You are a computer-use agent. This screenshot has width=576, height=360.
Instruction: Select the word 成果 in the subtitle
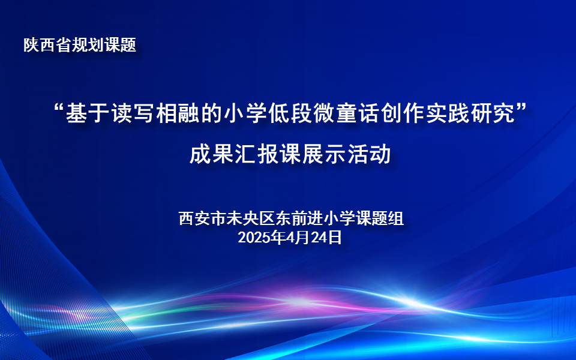point(212,154)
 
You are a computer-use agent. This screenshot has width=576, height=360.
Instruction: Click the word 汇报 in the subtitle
point(257,154)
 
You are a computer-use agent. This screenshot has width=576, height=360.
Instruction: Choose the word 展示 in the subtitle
point(325,154)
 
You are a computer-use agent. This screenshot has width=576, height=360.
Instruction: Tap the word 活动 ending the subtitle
point(369,154)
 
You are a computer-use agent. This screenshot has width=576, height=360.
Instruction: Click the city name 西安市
point(203,218)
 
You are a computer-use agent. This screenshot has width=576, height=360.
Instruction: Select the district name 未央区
point(251,218)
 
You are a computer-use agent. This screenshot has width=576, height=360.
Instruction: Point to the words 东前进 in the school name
point(299,218)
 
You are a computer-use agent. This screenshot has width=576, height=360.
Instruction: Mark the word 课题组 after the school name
point(380,218)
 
